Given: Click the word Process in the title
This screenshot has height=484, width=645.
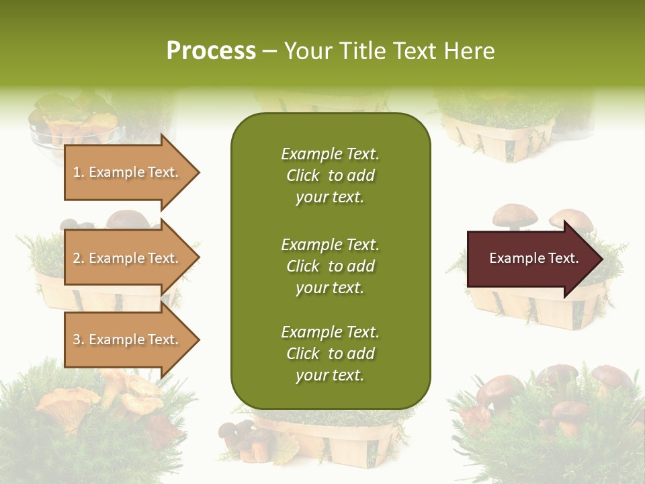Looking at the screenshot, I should point(211,51).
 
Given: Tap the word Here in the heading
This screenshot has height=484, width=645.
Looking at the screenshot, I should point(469,51).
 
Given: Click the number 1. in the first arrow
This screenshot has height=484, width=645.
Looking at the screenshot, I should point(78,173).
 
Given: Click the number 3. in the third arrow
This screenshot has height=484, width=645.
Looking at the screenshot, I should point(78,339).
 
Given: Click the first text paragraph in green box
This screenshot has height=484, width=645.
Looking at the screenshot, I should point(330,175).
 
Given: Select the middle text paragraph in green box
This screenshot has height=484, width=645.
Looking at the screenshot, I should point(330,266).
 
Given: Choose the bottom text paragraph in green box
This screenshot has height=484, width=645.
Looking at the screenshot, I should point(330,354).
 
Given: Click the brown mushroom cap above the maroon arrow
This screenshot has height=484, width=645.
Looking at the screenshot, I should point(514,215).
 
